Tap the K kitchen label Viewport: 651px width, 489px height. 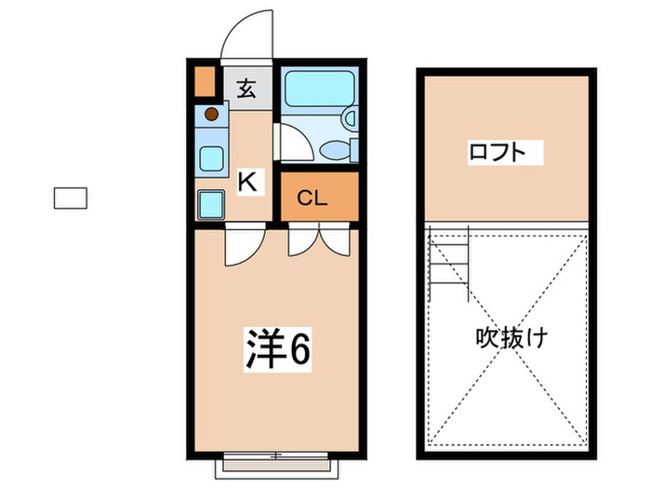pyautogui.click(x=247, y=181)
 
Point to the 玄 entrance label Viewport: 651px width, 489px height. pyautogui.click(x=246, y=90)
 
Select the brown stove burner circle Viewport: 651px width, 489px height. pyautogui.click(x=211, y=115)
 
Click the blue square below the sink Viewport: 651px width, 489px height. pyautogui.click(x=211, y=204)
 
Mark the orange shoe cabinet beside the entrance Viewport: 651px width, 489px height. pyautogui.click(x=205, y=82)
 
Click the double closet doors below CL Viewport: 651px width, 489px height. pyautogui.click(x=317, y=242)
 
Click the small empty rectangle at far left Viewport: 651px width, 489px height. pyautogui.click(x=69, y=197)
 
